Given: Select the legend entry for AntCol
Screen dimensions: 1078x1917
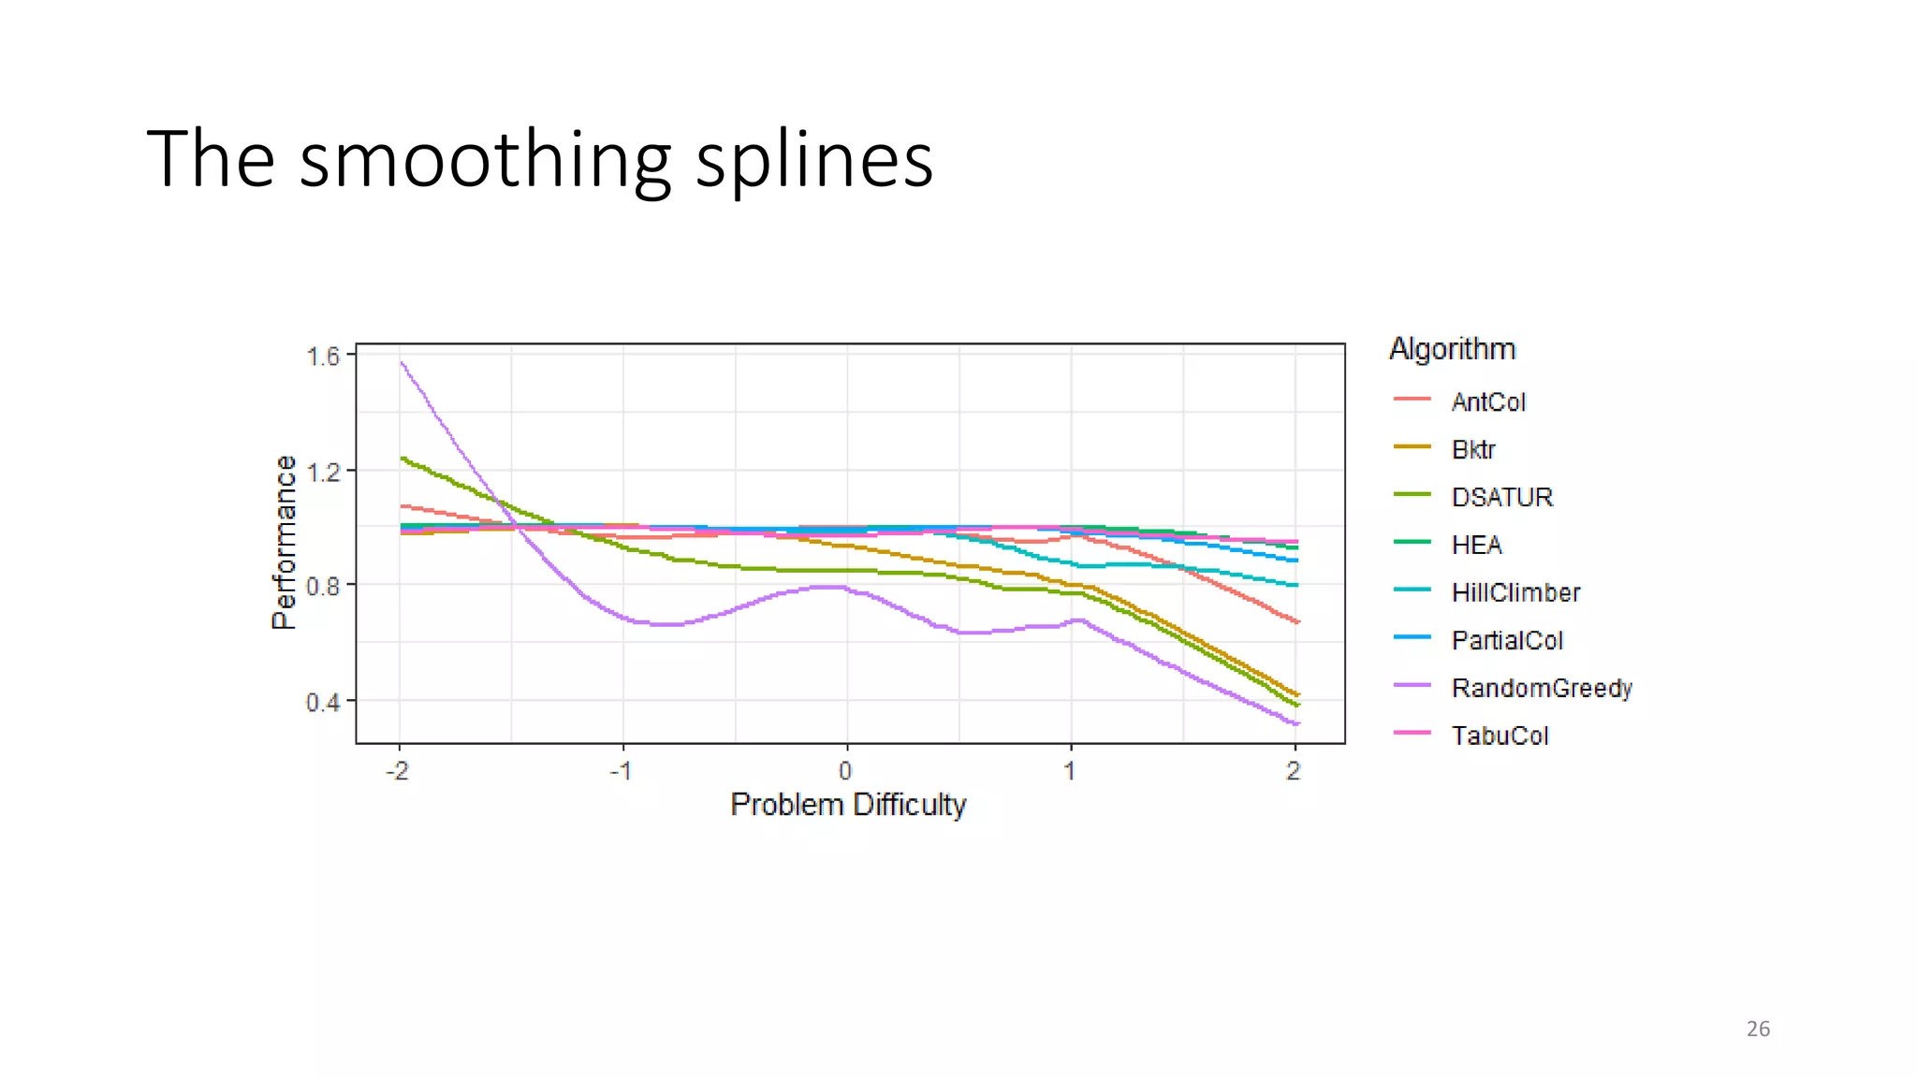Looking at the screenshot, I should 1488,402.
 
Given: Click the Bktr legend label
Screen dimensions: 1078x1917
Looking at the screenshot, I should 1473,450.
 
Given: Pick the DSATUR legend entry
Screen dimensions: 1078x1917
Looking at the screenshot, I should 1501,498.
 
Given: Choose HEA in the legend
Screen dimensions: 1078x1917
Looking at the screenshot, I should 1476,546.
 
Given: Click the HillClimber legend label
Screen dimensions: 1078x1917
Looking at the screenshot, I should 1515,593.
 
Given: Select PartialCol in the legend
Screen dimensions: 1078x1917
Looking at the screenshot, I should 1507,641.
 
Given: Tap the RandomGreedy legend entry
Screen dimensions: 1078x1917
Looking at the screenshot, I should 1542,689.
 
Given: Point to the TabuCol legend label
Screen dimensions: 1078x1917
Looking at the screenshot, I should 1500,736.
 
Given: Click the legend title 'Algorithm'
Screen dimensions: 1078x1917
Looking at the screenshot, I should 1452,349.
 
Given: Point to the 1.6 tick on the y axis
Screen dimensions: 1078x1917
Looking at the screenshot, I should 323,357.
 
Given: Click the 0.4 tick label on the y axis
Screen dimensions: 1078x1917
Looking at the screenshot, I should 323,702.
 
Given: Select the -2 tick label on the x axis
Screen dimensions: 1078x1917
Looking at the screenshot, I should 398,771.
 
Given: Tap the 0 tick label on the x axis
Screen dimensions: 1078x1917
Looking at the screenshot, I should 845,771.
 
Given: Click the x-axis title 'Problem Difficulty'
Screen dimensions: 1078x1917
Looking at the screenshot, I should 848,805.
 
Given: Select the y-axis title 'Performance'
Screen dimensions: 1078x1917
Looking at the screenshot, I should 284,543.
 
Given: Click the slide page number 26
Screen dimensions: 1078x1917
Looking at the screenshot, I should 1758,1029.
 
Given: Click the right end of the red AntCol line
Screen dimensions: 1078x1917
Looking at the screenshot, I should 1297,622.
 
